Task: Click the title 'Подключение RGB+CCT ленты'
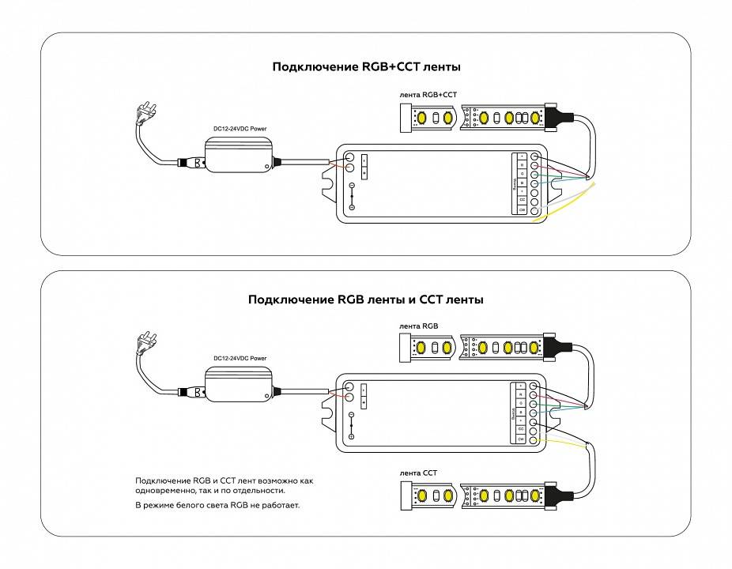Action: [366, 67]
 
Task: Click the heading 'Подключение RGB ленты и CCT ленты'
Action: [366, 300]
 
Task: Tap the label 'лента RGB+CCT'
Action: [428, 95]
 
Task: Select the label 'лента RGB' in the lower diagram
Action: [419, 326]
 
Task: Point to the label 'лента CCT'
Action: [419, 473]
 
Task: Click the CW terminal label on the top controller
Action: [522, 210]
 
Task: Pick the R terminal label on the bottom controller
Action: [522, 394]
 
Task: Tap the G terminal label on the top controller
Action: [522, 174]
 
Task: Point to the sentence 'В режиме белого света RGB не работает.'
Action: [218, 504]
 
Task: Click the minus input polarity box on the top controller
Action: [364, 159]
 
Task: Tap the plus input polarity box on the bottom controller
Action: [364, 403]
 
